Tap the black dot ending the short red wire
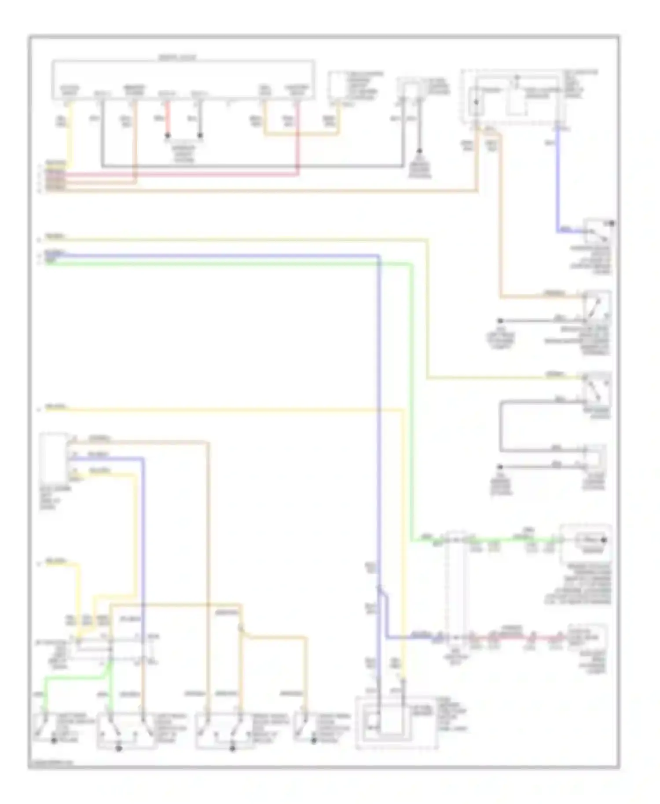(x=168, y=135)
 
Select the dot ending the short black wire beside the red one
(x=200, y=135)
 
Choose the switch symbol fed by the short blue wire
(x=597, y=231)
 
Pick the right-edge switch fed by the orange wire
(x=597, y=304)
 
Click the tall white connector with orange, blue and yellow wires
(x=53, y=457)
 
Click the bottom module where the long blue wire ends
(x=396, y=721)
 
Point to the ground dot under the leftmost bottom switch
(x=55, y=741)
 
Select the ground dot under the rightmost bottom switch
(x=314, y=741)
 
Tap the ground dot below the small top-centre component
(x=420, y=151)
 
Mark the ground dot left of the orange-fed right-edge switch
(x=500, y=321)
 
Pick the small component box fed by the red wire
(x=587, y=636)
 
